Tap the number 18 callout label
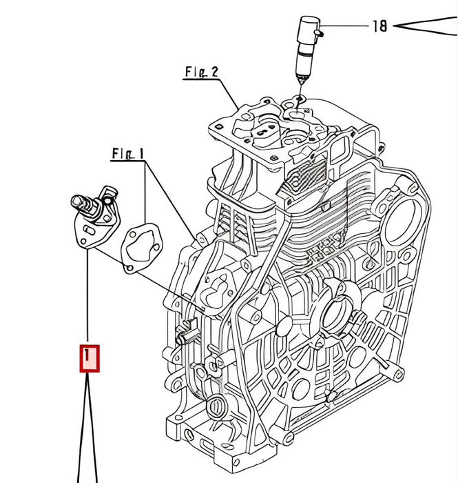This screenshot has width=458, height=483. click(x=379, y=26)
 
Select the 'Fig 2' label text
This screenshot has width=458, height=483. click(x=201, y=71)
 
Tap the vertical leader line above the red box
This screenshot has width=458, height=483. click(x=88, y=297)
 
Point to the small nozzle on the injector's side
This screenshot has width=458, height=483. click(x=320, y=30)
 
